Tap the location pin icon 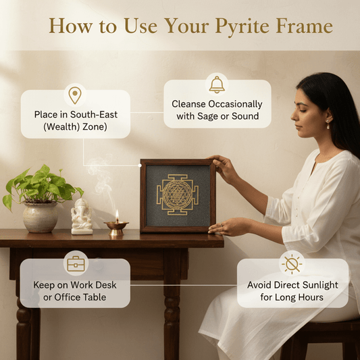[x=74, y=95]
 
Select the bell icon [x=217, y=84]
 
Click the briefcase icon [x=75, y=263]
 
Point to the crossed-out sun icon [x=292, y=263]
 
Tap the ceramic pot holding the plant [x=40, y=217]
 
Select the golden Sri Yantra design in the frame [x=178, y=195]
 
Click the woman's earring [x=328, y=125]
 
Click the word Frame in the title [x=308, y=27]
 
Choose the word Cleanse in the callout [x=191, y=105]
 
